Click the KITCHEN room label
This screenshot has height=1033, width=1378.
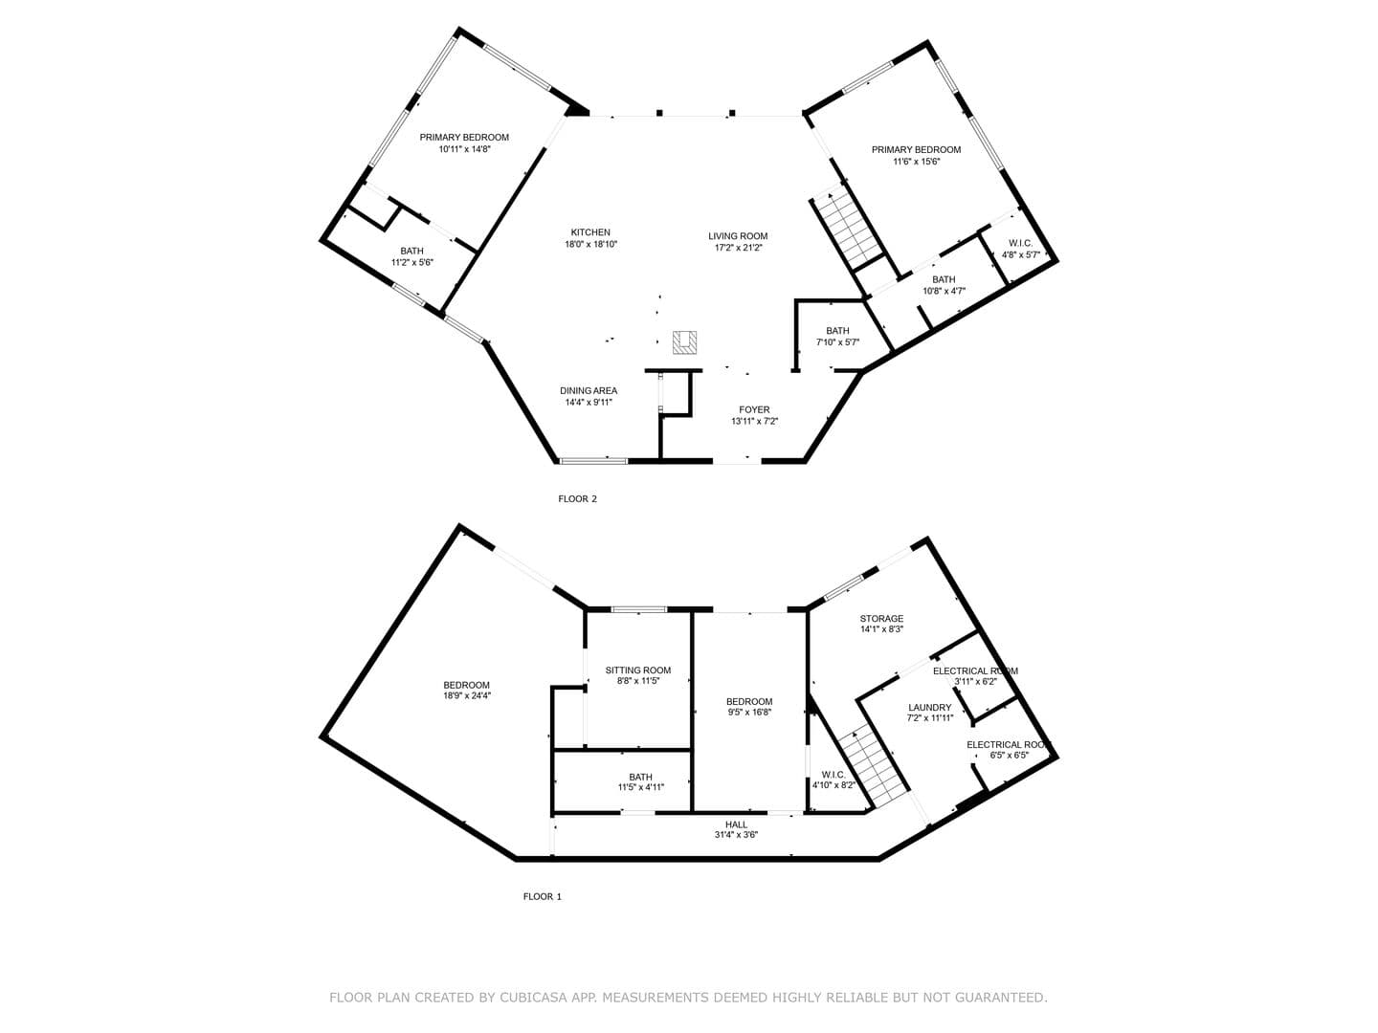pos(590,232)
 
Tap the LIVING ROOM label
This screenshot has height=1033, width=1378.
pos(738,236)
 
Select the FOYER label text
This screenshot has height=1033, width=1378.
pos(754,409)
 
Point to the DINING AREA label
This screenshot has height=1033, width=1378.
pos(589,391)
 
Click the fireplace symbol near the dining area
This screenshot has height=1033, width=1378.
pos(684,342)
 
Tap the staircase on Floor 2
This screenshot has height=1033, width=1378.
pos(849,231)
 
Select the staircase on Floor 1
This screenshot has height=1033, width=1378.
pos(874,769)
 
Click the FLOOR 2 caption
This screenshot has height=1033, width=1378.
pos(578,498)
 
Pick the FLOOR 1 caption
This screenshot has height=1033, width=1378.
pos(543,896)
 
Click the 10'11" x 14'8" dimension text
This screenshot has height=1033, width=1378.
pos(464,149)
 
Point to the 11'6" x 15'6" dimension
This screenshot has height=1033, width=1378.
pos(917,162)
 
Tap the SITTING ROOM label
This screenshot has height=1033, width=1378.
pos(638,670)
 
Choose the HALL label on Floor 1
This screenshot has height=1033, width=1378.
pos(737,824)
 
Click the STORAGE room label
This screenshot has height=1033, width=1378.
pos(882,619)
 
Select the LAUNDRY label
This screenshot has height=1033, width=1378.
pos(930,707)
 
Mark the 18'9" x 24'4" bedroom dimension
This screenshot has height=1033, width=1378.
pos(467,695)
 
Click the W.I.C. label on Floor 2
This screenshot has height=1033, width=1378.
pos(1021,243)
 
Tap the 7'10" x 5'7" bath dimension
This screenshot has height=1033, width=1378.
pos(837,342)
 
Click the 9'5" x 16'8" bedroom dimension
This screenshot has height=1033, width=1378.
pos(749,712)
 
